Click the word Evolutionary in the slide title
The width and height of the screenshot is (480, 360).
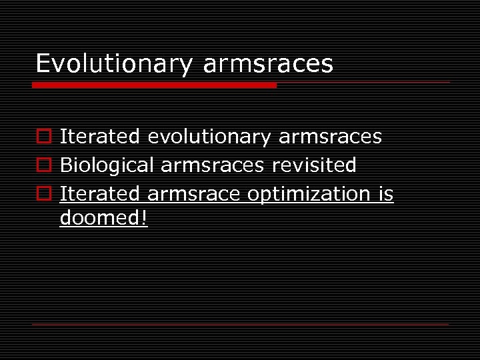(113, 64)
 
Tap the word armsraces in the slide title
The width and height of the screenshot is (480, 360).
(268, 64)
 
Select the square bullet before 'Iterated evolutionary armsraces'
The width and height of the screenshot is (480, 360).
(43, 137)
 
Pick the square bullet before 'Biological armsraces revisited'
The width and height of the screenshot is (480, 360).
(43, 165)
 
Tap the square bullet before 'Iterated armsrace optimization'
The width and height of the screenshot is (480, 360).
(43, 194)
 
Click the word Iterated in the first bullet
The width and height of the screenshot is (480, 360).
(100, 137)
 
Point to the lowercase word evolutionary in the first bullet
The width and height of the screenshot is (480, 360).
(209, 137)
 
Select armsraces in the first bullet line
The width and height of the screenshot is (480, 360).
(330, 137)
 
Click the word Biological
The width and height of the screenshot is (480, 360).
(107, 165)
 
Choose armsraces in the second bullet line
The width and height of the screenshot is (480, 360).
(213, 165)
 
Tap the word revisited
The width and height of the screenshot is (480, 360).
(314, 165)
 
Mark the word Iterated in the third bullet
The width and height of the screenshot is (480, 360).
(100, 193)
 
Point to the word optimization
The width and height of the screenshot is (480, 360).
(309, 193)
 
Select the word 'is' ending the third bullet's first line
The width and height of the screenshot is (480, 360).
(386, 193)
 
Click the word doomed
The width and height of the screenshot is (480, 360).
(99, 217)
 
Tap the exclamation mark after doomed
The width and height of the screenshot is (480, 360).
(143, 217)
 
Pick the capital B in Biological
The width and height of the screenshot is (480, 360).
(65, 165)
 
